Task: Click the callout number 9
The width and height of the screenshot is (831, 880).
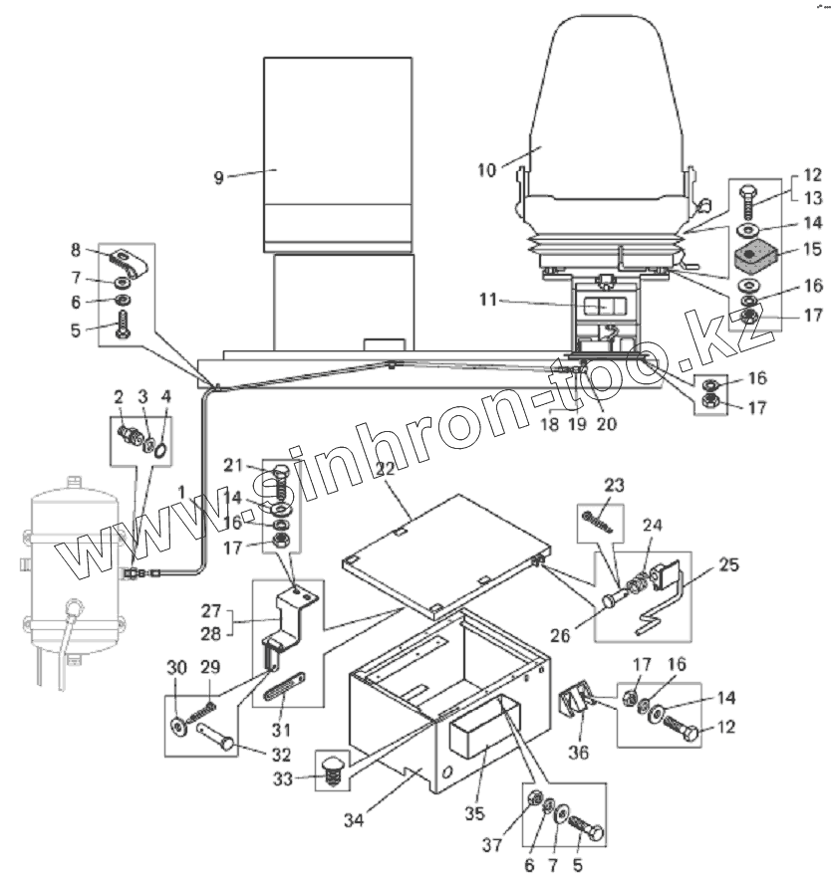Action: tap(219, 178)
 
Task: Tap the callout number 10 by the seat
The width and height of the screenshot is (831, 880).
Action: tap(486, 170)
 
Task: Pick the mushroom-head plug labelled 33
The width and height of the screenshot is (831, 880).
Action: tap(329, 769)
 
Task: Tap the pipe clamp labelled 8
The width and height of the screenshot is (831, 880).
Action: tap(130, 265)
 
